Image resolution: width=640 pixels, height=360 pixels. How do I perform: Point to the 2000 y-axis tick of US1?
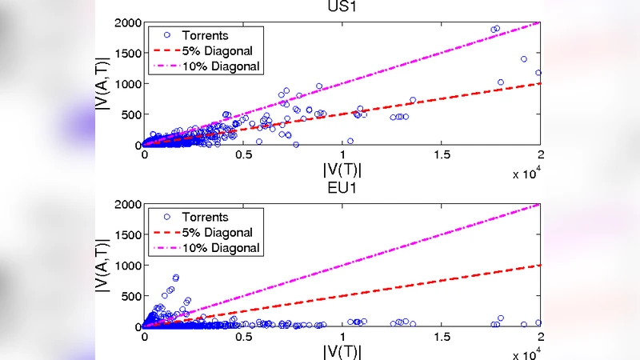pyautogui.click(x=127, y=22)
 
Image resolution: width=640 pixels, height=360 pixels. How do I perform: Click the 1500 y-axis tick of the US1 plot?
pyautogui.click(x=127, y=53)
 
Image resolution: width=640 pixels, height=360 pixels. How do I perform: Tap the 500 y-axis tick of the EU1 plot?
pyautogui.click(x=131, y=296)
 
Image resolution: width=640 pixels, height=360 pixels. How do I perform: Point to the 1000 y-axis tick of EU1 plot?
pyautogui.click(x=127, y=266)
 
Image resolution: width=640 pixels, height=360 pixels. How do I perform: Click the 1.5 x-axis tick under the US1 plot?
pyautogui.click(x=442, y=154)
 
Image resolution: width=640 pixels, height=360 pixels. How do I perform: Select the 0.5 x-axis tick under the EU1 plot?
pyautogui.click(x=243, y=336)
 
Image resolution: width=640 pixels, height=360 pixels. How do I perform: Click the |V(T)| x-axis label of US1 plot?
pyautogui.click(x=342, y=169)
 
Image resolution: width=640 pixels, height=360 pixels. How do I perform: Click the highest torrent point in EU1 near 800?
pyautogui.click(x=176, y=278)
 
